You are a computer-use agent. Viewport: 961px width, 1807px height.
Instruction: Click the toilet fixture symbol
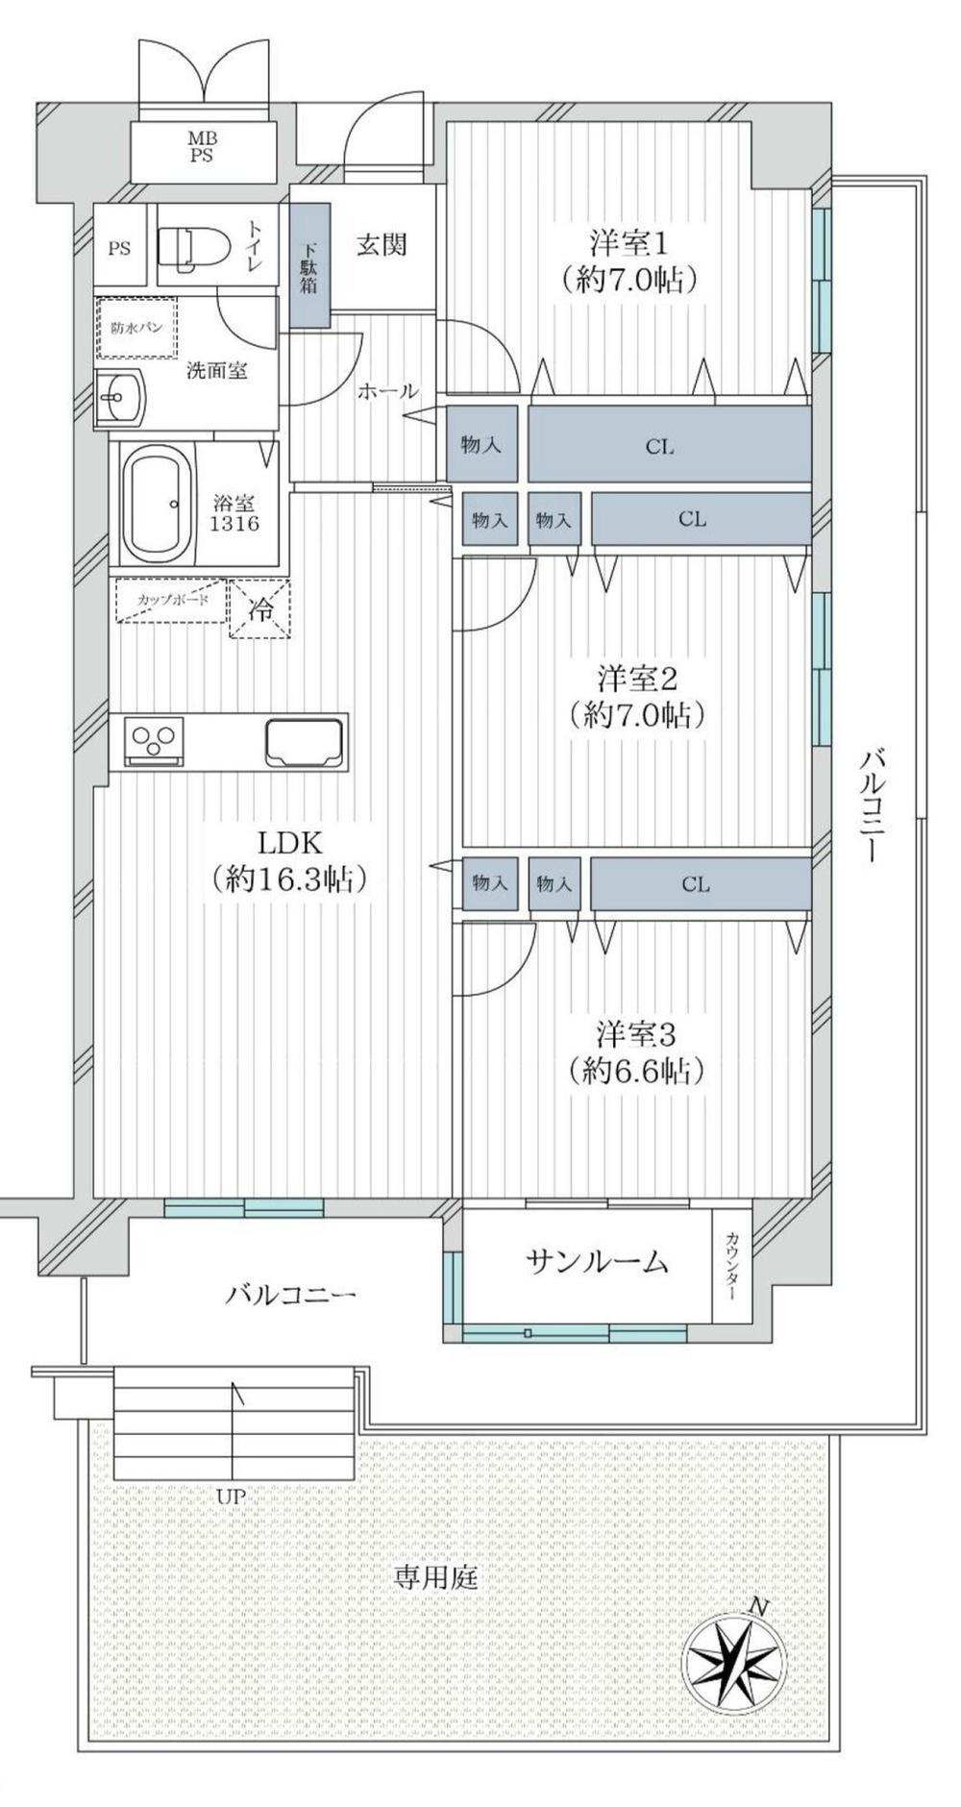(193, 247)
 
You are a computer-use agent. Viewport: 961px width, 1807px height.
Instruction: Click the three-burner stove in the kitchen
(154, 740)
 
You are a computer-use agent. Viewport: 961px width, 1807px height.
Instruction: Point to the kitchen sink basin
(306, 741)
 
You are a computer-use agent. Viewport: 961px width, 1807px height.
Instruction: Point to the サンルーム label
(597, 1261)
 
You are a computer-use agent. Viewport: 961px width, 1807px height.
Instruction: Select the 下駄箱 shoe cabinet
(310, 264)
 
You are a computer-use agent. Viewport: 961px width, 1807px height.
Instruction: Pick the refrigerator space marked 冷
(260, 608)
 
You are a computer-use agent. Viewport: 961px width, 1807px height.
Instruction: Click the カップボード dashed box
(171, 601)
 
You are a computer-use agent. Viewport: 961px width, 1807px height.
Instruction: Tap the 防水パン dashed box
(136, 328)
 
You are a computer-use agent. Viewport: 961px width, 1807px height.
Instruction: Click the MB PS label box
(202, 149)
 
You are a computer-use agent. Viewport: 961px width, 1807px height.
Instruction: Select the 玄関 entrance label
(382, 245)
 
